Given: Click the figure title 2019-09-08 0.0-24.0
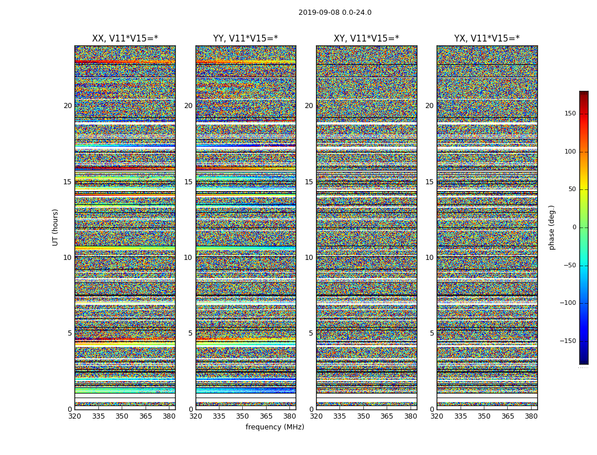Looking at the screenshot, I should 335,13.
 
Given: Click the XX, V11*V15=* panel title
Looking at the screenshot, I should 125,39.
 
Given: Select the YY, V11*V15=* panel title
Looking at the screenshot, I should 246,39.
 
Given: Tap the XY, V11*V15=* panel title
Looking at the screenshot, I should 366,39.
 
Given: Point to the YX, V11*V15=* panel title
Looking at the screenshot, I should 487,39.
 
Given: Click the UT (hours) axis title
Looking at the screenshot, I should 56,227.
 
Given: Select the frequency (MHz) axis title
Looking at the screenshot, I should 275,427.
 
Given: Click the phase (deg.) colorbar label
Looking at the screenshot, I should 552,227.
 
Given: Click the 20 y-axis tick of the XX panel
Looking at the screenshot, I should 68,106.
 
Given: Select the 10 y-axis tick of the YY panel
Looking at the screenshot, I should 188,258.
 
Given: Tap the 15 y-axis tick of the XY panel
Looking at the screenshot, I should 309,182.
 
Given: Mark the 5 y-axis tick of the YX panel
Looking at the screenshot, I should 432,333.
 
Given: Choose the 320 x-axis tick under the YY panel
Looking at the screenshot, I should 196,416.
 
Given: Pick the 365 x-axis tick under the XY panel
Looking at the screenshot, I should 387,416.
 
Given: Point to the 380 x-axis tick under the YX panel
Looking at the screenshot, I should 530,416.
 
